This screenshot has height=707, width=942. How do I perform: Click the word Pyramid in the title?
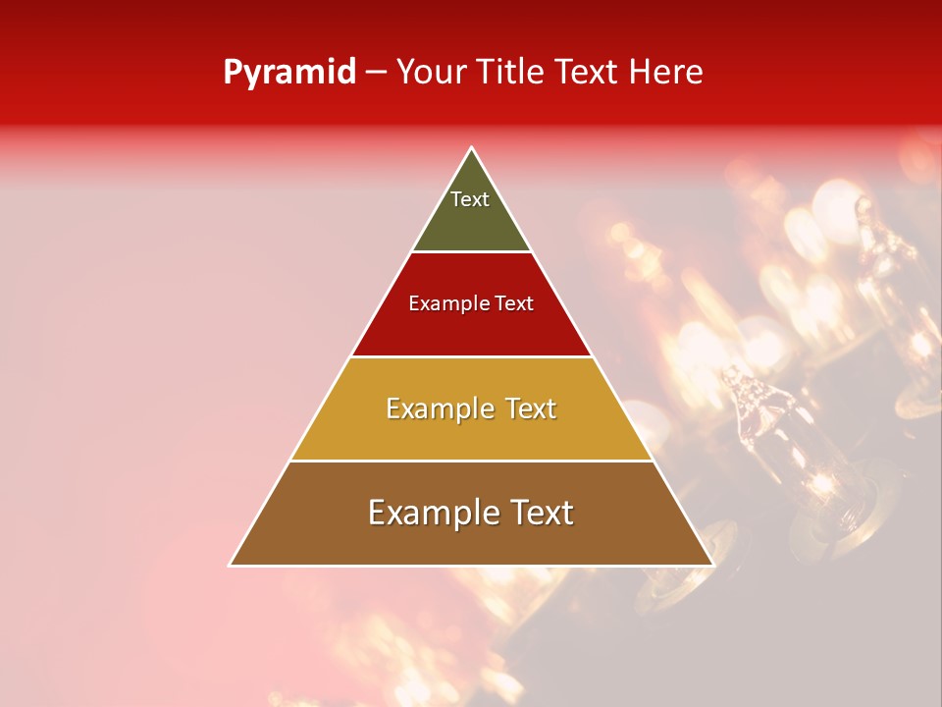click(289, 73)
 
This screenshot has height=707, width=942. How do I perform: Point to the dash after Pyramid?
click(376, 73)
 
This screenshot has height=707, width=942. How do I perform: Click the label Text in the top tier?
click(470, 199)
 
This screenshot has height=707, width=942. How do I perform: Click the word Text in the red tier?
click(513, 303)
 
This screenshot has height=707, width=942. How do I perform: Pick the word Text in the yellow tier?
click(530, 408)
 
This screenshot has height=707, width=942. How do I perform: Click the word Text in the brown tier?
click(541, 513)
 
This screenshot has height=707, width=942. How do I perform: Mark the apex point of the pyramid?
click(471, 148)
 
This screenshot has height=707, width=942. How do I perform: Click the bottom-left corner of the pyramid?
click(230, 565)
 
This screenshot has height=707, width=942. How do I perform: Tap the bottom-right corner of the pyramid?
click(713, 565)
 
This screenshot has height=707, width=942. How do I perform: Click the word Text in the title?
click(588, 73)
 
